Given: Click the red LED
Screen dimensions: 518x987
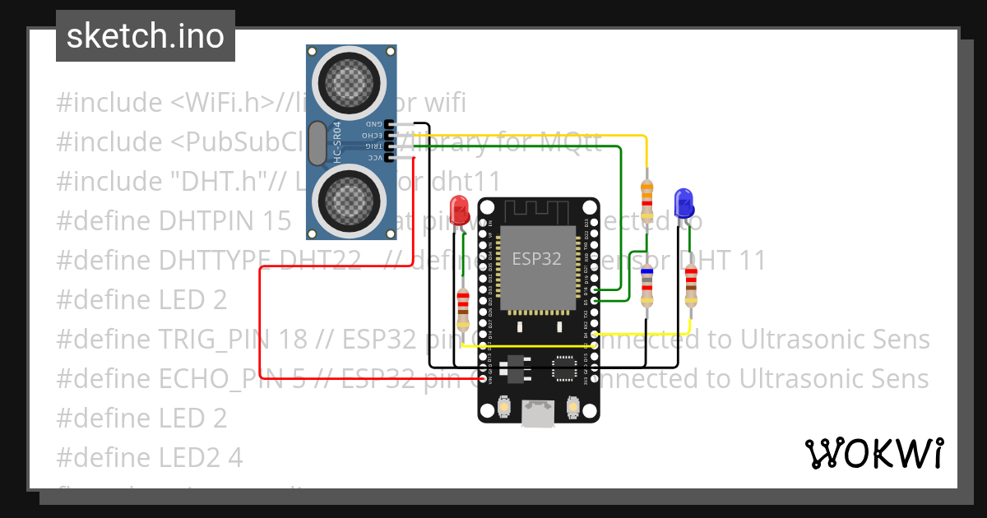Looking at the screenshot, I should point(459,210).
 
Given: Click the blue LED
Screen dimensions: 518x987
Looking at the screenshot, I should point(683,202).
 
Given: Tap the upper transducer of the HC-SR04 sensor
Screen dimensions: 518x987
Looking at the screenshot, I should point(351,80).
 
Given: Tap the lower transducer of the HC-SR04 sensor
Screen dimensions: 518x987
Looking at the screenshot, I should point(351,200).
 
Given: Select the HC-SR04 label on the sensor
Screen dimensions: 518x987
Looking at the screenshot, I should point(337,146).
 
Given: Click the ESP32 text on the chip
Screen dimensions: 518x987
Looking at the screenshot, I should point(536,258).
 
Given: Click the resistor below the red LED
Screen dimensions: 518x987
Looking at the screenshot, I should point(463,308).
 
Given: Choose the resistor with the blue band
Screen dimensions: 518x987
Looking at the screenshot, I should point(647,288).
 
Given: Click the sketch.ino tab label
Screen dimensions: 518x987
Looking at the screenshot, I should point(145,36).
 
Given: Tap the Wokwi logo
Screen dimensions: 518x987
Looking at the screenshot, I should point(873,453).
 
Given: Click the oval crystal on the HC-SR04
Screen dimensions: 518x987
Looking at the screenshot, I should point(317,146).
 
